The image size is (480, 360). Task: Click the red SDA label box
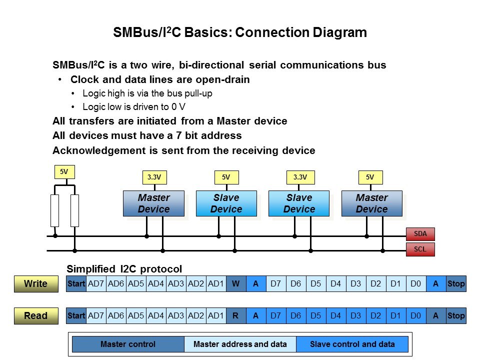(420, 234)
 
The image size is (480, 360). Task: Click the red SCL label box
(420, 249)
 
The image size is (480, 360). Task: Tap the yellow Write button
(36, 284)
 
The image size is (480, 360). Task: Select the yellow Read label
(36, 315)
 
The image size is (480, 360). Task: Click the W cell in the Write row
(236, 284)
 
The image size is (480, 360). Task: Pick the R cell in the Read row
(236, 315)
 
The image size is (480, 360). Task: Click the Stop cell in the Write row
(456, 284)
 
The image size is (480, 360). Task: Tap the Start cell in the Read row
(76, 315)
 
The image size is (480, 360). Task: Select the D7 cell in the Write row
(276, 284)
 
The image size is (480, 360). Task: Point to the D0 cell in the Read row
(415, 315)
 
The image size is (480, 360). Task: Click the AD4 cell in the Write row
(156, 284)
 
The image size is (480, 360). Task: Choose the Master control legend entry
(128, 344)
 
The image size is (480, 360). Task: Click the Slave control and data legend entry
(352, 344)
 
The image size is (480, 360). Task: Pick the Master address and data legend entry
(240, 344)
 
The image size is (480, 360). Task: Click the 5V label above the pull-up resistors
(64, 171)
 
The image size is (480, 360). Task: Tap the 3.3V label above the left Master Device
(154, 177)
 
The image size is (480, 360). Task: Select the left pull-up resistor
(55, 210)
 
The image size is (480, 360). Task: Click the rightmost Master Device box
(372, 203)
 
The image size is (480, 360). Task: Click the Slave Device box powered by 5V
(226, 203)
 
